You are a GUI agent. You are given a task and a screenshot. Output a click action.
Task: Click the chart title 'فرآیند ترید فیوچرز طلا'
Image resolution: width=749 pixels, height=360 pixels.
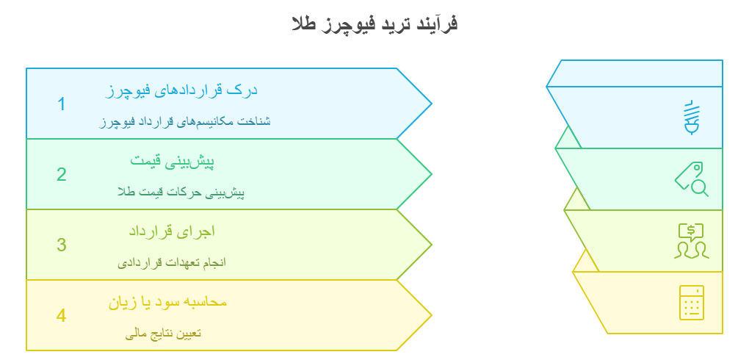(x=374, y=24)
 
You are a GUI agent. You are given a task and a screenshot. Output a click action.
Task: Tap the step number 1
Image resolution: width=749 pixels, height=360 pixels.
(x=62, y=104)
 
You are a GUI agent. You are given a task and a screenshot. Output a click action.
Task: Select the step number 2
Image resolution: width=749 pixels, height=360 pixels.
(x=62, y=174)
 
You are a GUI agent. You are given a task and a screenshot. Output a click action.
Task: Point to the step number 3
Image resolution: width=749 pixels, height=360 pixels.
(x=62, y=245)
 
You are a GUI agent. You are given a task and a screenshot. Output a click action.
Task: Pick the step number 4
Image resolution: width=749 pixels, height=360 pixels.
(x=62, y=315)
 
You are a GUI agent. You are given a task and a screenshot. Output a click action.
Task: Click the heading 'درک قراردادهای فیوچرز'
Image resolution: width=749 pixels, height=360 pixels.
(x=181, y=90)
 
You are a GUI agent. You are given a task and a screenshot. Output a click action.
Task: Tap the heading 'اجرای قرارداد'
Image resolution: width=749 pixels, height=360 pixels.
(x=172, y=231)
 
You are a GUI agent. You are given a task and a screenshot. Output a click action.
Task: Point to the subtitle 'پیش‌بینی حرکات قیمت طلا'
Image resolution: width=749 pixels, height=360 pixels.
(x=180, y=192)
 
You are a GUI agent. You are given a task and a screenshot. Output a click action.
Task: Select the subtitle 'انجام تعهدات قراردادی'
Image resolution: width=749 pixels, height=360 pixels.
(x=172, y=262)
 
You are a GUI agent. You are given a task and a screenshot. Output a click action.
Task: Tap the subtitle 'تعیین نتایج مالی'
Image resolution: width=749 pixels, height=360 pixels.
(x=163, y=333)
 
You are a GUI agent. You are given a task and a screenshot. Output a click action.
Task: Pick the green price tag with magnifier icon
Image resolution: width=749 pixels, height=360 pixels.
(x=691, y=179)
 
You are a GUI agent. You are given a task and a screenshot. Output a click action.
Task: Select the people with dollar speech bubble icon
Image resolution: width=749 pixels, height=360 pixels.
(x=691, y=241)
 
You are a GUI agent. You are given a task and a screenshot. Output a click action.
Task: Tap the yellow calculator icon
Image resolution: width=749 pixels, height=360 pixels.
(x=691, y=302)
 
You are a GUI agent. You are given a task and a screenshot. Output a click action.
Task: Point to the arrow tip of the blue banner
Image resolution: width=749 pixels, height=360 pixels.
(x=430, y=104)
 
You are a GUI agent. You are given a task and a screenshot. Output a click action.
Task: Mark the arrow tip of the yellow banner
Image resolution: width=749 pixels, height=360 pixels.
(x=430, y=315)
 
